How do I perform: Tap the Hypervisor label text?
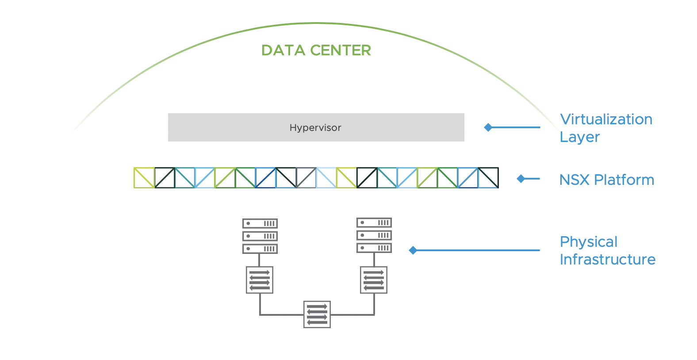click(315, 128)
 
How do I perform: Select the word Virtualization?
click(606, 119)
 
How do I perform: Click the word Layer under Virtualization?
click(579, 137)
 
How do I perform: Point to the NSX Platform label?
click(606, 180)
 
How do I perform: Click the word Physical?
click(588, 242)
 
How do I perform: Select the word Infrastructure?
click(607, 260)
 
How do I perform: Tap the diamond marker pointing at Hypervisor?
click(488, 127)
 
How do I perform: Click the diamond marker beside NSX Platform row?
click(521, 179)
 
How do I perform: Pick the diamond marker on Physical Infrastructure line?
click(413, 250)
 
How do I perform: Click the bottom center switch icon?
click(317, 314)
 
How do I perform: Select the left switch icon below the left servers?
click(260, 280)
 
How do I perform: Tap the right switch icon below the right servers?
click(374, 280)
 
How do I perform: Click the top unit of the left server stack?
click(260, 223)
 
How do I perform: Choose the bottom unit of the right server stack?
click(374, 248)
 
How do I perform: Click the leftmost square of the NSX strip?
click(144, 178)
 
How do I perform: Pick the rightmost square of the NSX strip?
click(488, 178)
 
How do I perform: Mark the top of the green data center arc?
click(316, 23)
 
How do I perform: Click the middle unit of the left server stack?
click(260, 236)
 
